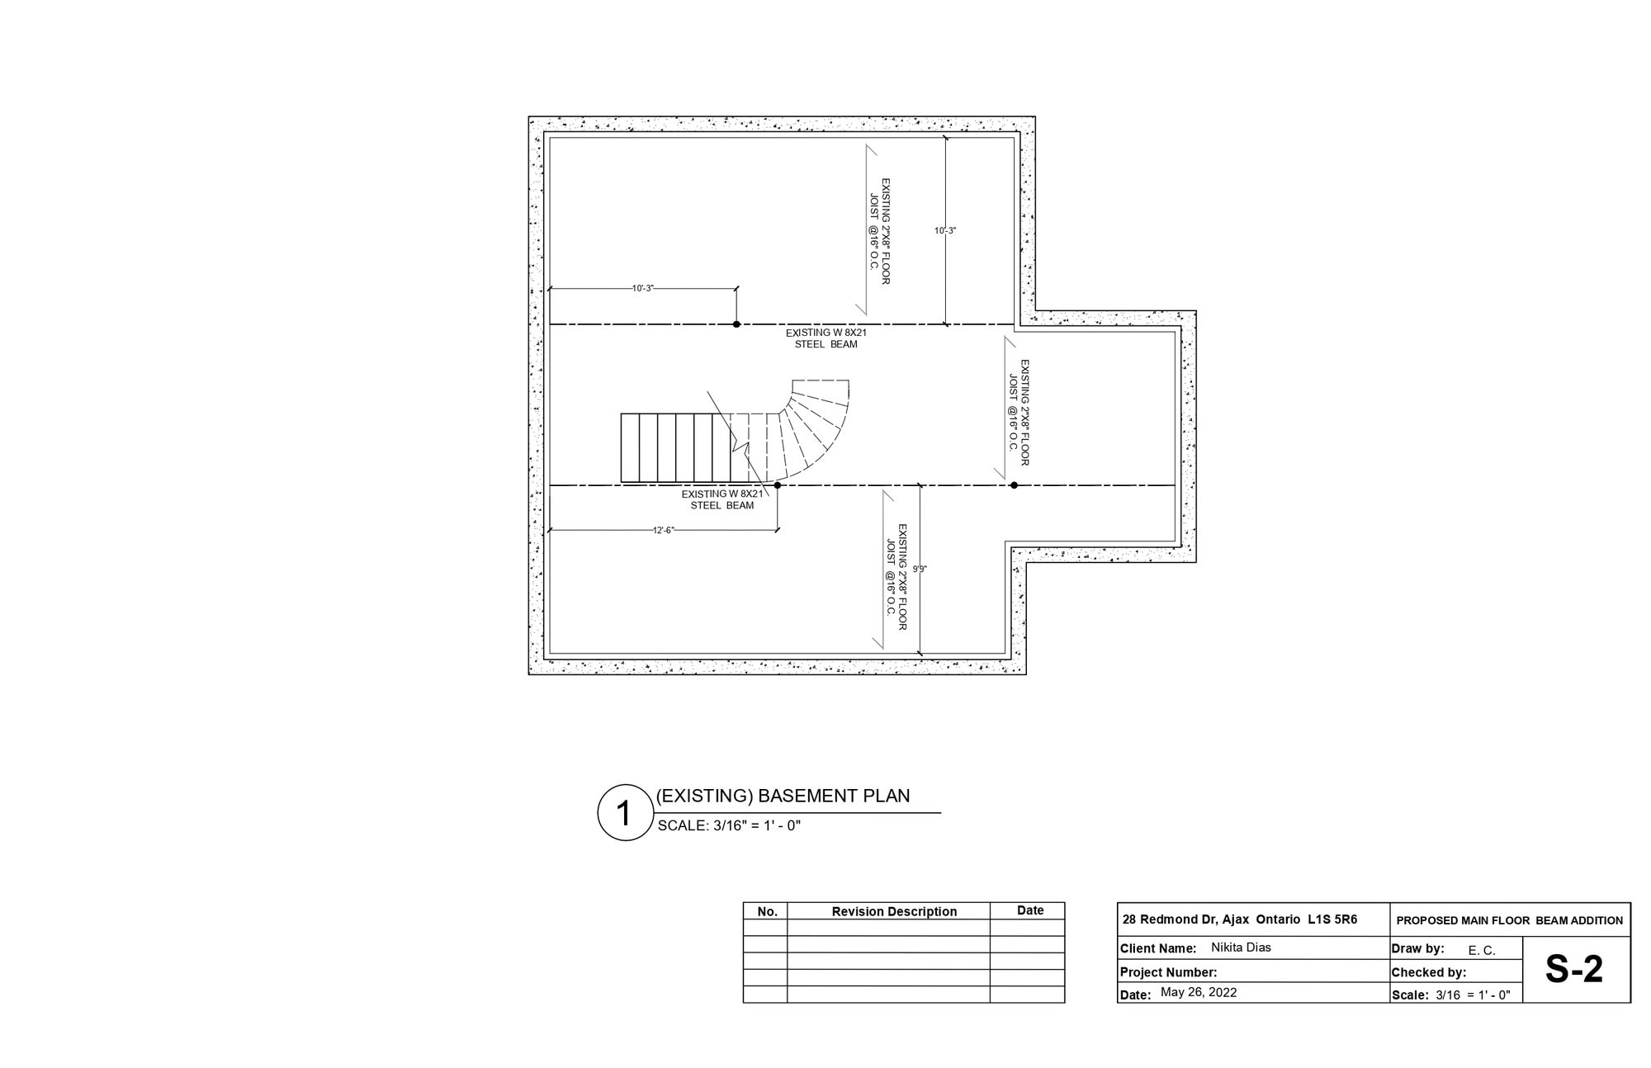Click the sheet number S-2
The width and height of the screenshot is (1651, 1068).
coord(1574,969)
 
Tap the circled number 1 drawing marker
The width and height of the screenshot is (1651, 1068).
coord(625,813)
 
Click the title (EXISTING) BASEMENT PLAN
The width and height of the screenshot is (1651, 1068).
coord(783,796)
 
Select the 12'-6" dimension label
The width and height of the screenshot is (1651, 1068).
coord(664,530)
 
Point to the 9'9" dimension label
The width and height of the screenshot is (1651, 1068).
coord(920,569)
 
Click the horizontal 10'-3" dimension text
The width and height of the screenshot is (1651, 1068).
coord(642,288)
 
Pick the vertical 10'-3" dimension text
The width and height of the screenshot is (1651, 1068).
coord(945,230)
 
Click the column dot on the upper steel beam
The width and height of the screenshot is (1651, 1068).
coord(736,324)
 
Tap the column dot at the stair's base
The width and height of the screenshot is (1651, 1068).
coord(778,485)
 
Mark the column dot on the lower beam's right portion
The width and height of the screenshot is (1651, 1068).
coord(1014,485)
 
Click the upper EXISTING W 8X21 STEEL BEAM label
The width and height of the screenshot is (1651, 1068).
coord(826,338)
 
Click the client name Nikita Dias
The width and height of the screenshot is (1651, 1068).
coord(1241,947)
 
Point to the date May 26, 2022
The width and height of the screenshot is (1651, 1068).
coord(1199,992)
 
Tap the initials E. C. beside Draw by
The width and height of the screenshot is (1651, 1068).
coord(1482,951)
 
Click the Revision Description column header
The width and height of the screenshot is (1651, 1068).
coord(894,912)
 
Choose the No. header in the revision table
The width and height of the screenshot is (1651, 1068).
coord(768,912)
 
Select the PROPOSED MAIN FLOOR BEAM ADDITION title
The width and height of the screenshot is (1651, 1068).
coord(1510,920)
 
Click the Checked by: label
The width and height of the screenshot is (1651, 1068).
coord(1429,972)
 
